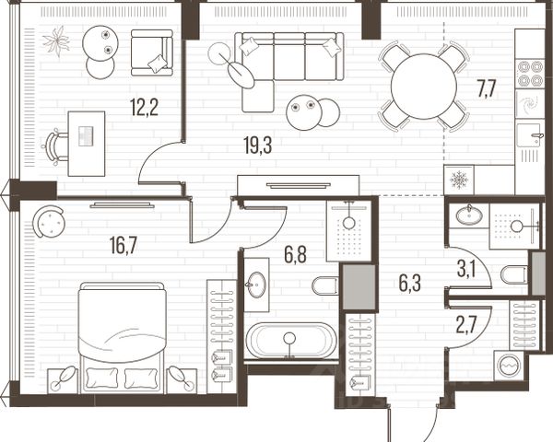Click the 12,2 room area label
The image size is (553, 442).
[x=144, y=108]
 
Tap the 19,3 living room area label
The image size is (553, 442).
[x=258, y=145]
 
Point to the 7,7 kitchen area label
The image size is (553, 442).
[x=487, y=89]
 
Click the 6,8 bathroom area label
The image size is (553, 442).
[x=296, y=255]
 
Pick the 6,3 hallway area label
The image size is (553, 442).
[x=410, y=284]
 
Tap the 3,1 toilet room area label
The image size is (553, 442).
[x=466, y=271]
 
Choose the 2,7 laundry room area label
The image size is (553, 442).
[x=466, y=326]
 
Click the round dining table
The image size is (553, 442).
[x=424, y=87]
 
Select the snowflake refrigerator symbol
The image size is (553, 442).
[x=459, y=180]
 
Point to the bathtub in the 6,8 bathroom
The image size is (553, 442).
[x=291, y=341]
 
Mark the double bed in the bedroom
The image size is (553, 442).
[x=123, y=337]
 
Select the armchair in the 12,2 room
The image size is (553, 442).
[x=152, y=52]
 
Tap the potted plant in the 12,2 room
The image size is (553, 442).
[x=56, y=41]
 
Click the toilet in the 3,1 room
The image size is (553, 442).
[x=514, y=274]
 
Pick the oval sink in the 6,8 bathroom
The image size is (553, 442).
[x=256, y=285]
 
